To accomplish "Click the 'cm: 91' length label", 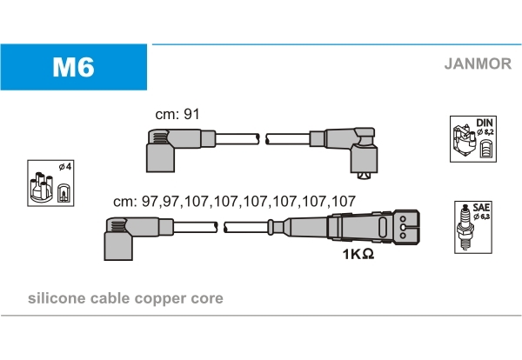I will tap(177, 115).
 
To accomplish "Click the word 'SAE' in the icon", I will tap(481, 208).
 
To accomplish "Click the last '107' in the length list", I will tap(343, 201).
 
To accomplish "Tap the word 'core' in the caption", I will tap(207, 298).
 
